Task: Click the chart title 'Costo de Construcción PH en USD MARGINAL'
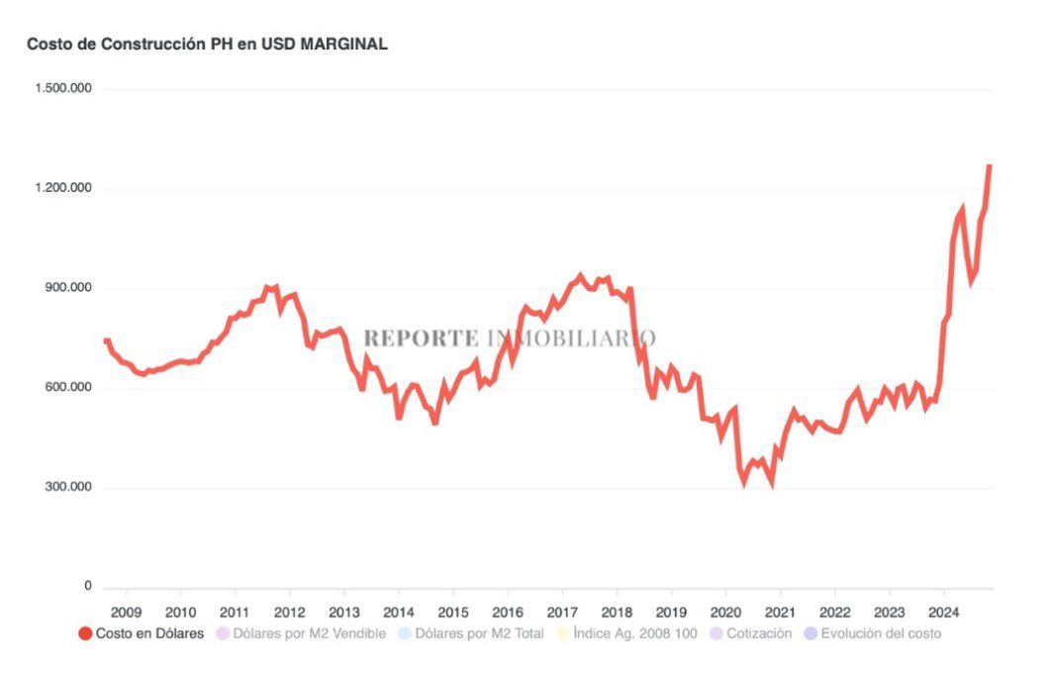pyautogui.click(x=207, y=45)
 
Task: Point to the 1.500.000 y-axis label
pyautogui.click(x=63, y=88)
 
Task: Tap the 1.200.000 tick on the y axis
pyautogui.click(x=63, y=188)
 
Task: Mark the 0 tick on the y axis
pyautogui.click(x=87, y=587)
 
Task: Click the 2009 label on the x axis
pyautogui.click(x=127, y=612)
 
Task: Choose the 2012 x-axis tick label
pyautogui.click(x=289, y=612)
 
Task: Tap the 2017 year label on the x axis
pyautogui.click(x=562, y=612)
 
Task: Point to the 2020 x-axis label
pyautogui.click(x=725, y=612)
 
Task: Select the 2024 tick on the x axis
pyautogui.click(x=944, y=612)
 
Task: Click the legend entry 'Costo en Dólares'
pyautogui.click(x=149, y=633)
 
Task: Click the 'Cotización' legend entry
pyautogui.click(x=758, y=633)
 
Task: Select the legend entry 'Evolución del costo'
pyautogui.click(x=881, y=633)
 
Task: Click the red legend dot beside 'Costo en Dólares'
pyautogui.click(x=85, y=633)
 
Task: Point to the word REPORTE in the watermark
pyautogui.click(x=421, y=337)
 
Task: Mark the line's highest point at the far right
pyautogui.click(x=990, y=166)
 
